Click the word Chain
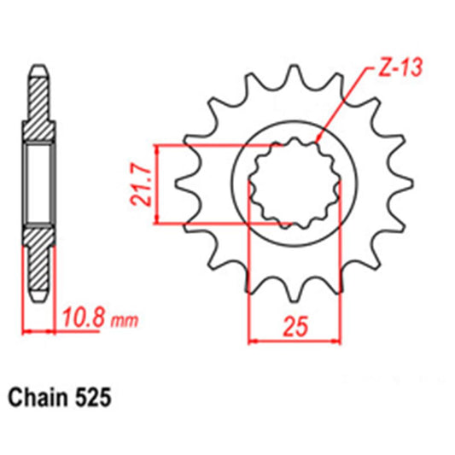(40, 398)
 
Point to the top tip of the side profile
(38, 66)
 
